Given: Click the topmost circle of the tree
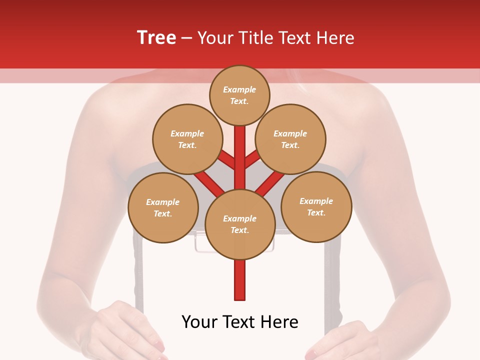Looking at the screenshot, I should (x=239, y=95).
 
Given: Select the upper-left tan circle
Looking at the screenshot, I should (x=187, y=139).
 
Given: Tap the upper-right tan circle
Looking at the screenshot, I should (x=290, y=139).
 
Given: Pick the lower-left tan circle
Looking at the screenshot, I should (x=163, y=207).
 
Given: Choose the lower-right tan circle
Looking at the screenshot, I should (x=316, y=206).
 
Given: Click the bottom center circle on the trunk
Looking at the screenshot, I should (x=240, y=224).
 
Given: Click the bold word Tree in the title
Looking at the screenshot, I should (x=156, y=37).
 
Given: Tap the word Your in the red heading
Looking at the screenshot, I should (x=216, y=38).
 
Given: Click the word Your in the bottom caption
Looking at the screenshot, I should (x=200, y=322).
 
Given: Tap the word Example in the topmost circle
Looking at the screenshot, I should (x=239, y=89).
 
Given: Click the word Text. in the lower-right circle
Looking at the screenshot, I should (x=316, y=212).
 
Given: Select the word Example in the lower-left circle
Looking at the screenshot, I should (x=163, y=202).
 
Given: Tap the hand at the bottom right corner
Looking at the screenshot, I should (x=345, y=340).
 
